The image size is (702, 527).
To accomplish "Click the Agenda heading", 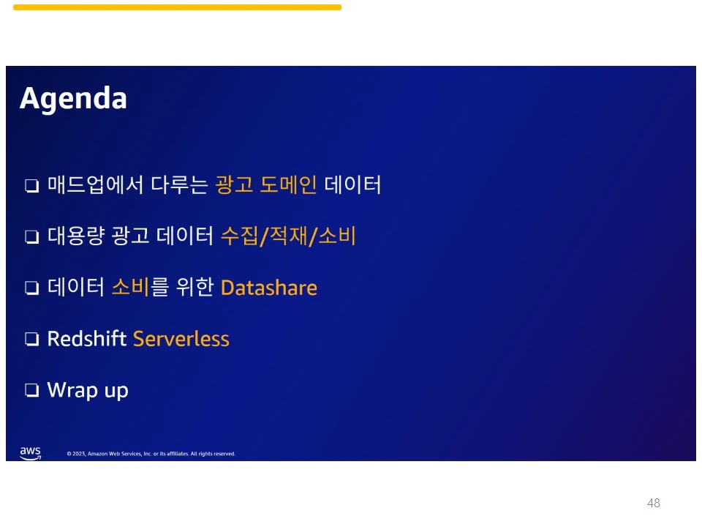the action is point(73,99).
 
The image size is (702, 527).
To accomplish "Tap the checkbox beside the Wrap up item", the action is point(31,390).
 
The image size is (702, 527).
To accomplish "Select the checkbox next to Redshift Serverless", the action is point(31,339).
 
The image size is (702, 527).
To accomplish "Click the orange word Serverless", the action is point(181,339).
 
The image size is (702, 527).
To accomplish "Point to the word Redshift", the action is point(87,339).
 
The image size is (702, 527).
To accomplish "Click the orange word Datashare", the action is point(269,288).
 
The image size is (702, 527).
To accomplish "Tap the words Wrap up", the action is point(88,390).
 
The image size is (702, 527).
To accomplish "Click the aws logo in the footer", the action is point(31,453).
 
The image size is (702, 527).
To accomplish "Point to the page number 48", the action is point(654,503).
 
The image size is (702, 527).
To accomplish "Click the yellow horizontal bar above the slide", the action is point(177,7).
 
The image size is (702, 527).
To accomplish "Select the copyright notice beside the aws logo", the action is point(151,454).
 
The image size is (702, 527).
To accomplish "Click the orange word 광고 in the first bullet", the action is point(234,184).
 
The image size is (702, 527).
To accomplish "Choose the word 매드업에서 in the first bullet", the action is point(95,184).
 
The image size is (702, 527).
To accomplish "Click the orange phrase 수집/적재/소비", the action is point(288,236).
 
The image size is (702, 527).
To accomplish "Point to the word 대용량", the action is point(76,236).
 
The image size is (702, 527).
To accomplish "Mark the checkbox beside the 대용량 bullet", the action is point(31,236).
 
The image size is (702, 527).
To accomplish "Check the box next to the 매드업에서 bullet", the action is point(31,185).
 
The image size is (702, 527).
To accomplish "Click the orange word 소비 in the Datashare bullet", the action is point(130,287).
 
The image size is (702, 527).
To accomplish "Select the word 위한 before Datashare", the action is point(195,287).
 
